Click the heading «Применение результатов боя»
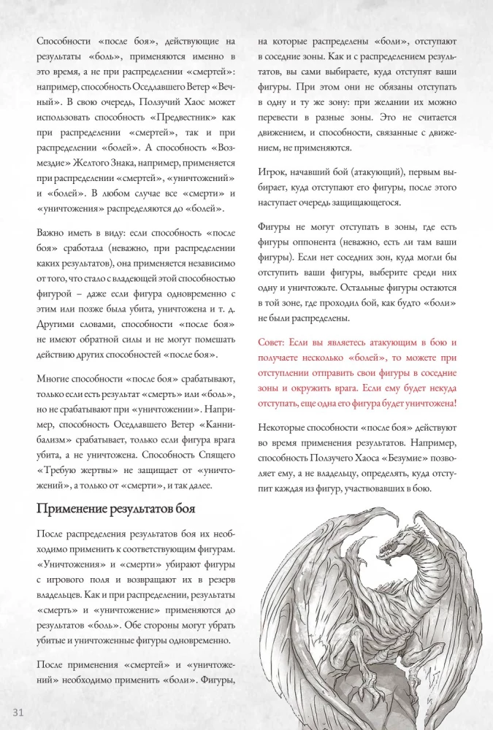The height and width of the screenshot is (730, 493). (x=115, y=508)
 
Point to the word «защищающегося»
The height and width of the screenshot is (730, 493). (x=363, y=203)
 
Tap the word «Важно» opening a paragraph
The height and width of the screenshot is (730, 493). (x=53, y=234)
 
